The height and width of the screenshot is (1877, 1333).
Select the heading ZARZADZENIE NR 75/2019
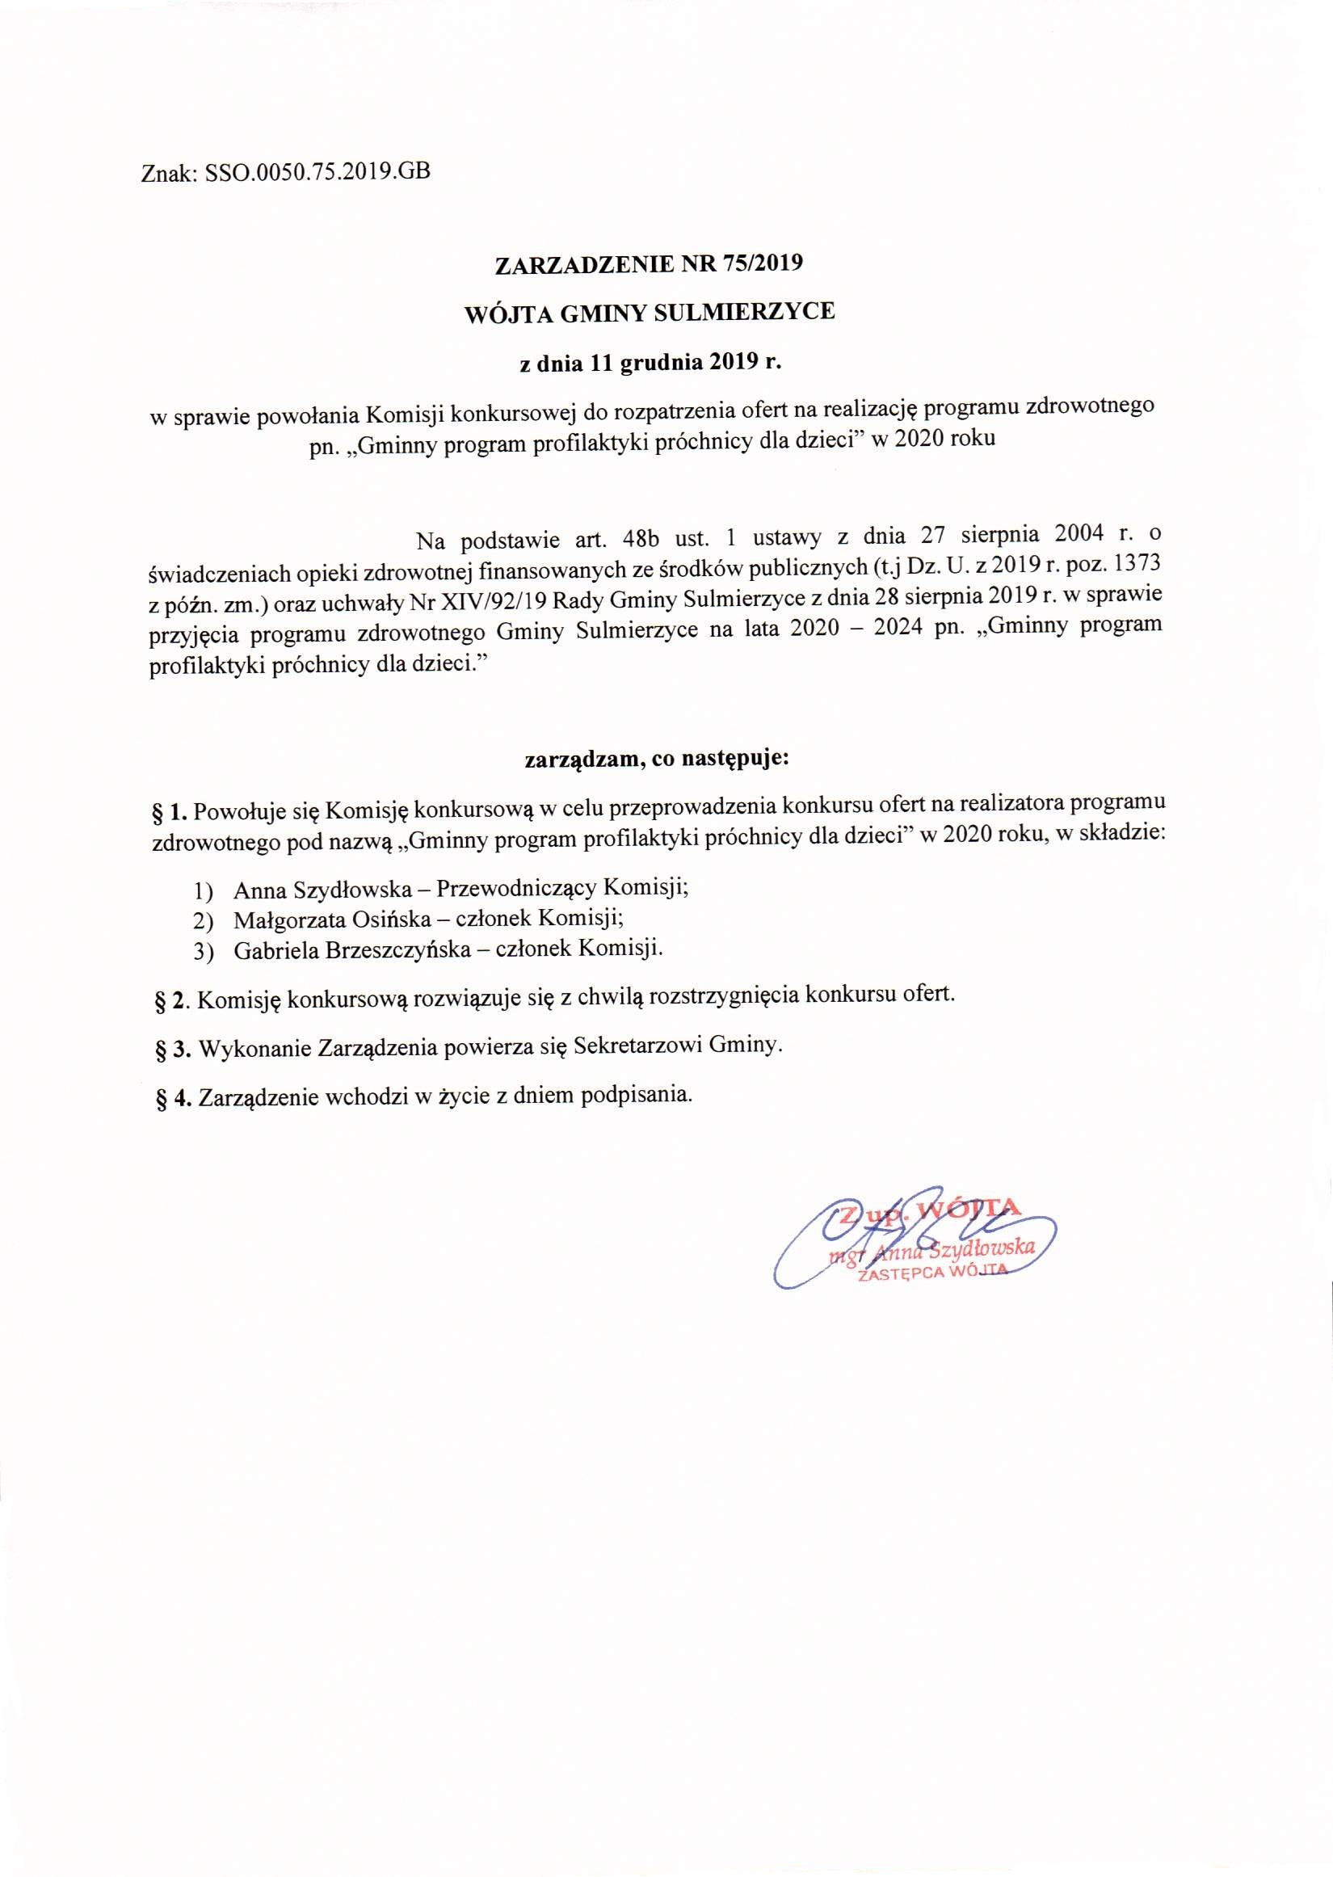point(649,263)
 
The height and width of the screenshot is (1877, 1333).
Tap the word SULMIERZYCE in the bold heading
point(755,313)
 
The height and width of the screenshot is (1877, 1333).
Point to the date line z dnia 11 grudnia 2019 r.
point(649,363)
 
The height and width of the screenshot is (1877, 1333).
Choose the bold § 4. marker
point(171,1097)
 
